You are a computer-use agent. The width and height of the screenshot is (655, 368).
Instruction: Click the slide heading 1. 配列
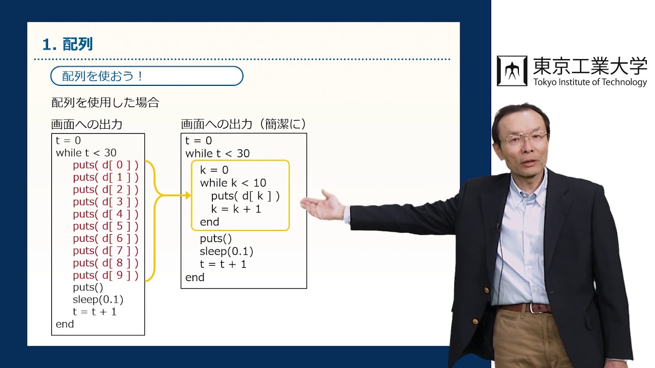(x=68, y=44)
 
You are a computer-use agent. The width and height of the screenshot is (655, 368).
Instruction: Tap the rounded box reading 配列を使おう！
(x=146, y=76)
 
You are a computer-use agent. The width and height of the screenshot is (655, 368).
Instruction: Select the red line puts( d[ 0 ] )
(x=105, y=165)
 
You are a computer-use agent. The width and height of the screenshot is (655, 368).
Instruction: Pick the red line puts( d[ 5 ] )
(x=105, y=226)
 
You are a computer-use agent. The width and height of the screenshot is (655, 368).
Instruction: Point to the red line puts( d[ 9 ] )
(x=105, y=275)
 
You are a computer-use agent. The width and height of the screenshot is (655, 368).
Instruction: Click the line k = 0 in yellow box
(x=214, y=170)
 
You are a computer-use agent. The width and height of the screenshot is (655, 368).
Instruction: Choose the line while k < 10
(x=233, y=183)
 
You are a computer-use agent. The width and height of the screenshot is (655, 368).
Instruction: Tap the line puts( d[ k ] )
(x=245, y=196)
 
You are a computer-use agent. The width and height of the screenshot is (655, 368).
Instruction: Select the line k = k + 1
(x=236, y=209)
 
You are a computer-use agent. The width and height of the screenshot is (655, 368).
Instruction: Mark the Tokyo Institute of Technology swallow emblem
(x=512, y=71)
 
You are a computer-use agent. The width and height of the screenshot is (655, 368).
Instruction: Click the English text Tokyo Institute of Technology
(x=589, y=82)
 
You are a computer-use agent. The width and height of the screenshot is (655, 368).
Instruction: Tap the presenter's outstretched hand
(x=322, y=205)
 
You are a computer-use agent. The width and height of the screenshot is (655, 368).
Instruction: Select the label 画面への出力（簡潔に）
(x=243, y=124)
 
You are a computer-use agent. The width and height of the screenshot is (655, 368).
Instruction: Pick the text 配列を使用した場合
(x=105, y=103)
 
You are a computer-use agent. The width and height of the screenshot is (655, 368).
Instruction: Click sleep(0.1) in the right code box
(x=226, y=251)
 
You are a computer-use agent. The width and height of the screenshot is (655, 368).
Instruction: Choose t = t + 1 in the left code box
(x=95, y=312)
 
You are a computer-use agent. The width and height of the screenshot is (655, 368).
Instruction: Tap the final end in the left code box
(x=65, y=324)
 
